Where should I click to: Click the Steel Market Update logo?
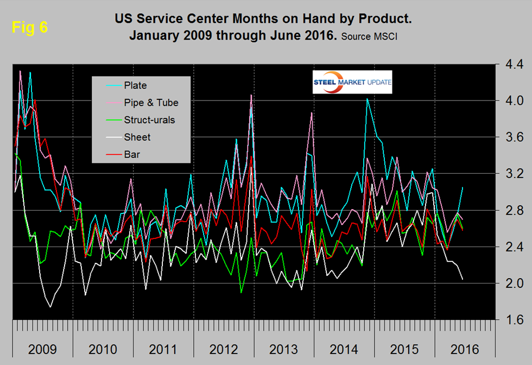[x=352, y=83]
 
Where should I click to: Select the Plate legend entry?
[x=135, y=85]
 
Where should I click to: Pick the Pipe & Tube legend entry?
[x=151, y=103]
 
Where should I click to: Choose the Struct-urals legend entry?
[x=149, y=120]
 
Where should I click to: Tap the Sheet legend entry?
[x=137, y=137]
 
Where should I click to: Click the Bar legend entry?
[x=132, y=154]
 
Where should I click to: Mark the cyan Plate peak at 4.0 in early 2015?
[x=368, y=99]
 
